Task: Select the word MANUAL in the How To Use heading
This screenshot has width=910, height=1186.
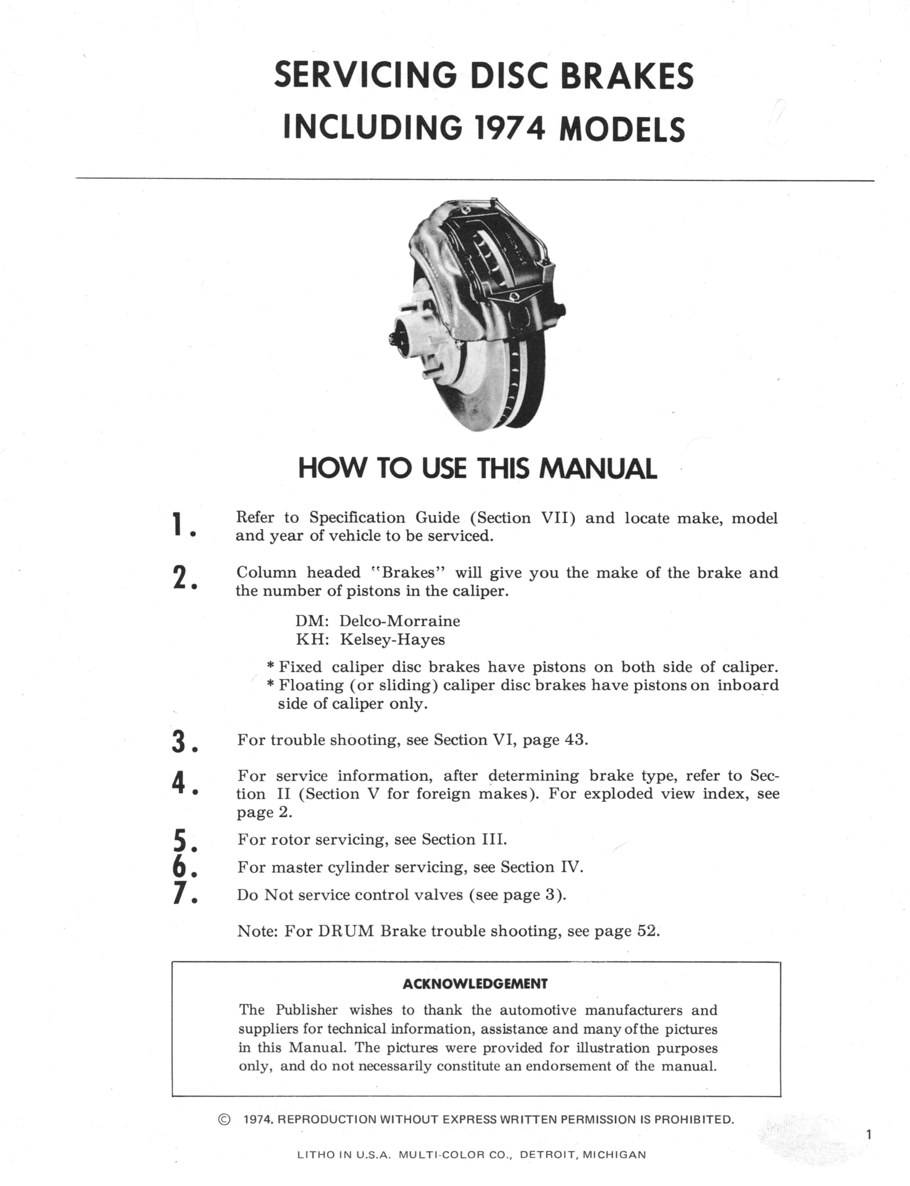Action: pyautogui.click(x=597, y=469)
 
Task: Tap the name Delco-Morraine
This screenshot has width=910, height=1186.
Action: pyautogui.click(x=399, y=621)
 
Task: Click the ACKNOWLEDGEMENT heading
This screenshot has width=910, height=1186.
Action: pyautogui.click(x=475, y=984)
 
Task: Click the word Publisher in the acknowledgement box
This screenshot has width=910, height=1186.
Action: pyautogui.click(x=307, y=1010)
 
